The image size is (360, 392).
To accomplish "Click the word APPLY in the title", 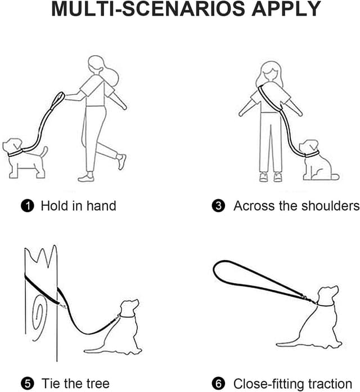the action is (286, 9).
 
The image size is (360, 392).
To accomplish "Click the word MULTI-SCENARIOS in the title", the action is (148, 9).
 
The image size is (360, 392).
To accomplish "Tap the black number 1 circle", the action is (28, 206).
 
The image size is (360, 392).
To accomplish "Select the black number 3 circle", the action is (218, 206).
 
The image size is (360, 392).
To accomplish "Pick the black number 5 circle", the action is (28, 384).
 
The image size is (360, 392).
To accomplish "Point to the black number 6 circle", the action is (218, 384).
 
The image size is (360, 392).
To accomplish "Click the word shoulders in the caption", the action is (330, 206).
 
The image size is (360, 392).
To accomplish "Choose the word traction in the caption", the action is (330, 383).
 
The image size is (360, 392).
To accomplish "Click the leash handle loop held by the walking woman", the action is (59, 99).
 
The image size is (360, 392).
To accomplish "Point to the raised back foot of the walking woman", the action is (121, 162).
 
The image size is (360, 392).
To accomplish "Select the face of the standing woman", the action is (269, 73).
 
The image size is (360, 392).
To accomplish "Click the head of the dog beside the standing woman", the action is (309, 147).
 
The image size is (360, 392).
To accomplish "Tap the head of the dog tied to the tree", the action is (129, 308).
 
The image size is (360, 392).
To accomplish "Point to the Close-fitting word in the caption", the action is (269, 383).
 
